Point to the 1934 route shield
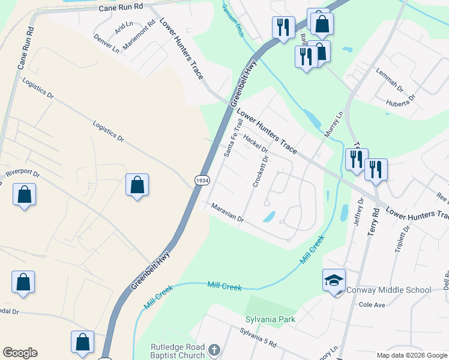[201, 180]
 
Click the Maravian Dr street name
[228, 212]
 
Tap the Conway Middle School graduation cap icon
[334, 280]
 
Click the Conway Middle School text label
[389, 290]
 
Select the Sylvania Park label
[270, 319]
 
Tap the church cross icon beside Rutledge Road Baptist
[214, 349]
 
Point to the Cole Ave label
[372, 305]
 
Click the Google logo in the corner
[20, 353]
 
